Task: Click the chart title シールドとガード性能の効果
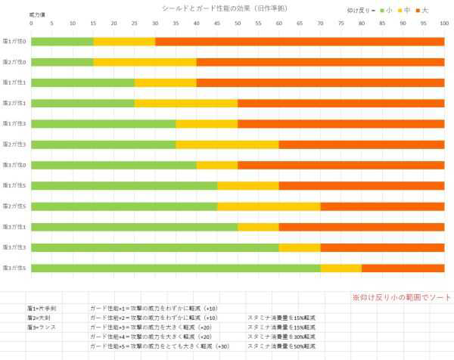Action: [229, 8]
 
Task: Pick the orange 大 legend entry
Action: [421, 10]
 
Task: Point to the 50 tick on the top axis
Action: [238, 23]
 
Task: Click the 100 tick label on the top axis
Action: [443, 23]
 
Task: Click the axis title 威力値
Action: [36, 14]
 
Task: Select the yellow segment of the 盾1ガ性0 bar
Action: [124, 41]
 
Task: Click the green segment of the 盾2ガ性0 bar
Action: [62, 61]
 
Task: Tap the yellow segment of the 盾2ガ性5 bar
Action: [269, 206]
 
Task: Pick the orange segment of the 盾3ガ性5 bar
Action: [403, 267]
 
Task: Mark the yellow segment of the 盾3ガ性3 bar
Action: [299, 247]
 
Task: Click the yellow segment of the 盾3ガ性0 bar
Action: [217, 164]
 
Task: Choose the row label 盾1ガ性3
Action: [14, 123]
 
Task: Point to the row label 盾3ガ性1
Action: [14, 226]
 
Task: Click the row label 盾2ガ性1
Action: [14, 103]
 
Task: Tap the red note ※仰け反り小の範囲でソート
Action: [398, 296]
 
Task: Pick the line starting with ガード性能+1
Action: [143, 309]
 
